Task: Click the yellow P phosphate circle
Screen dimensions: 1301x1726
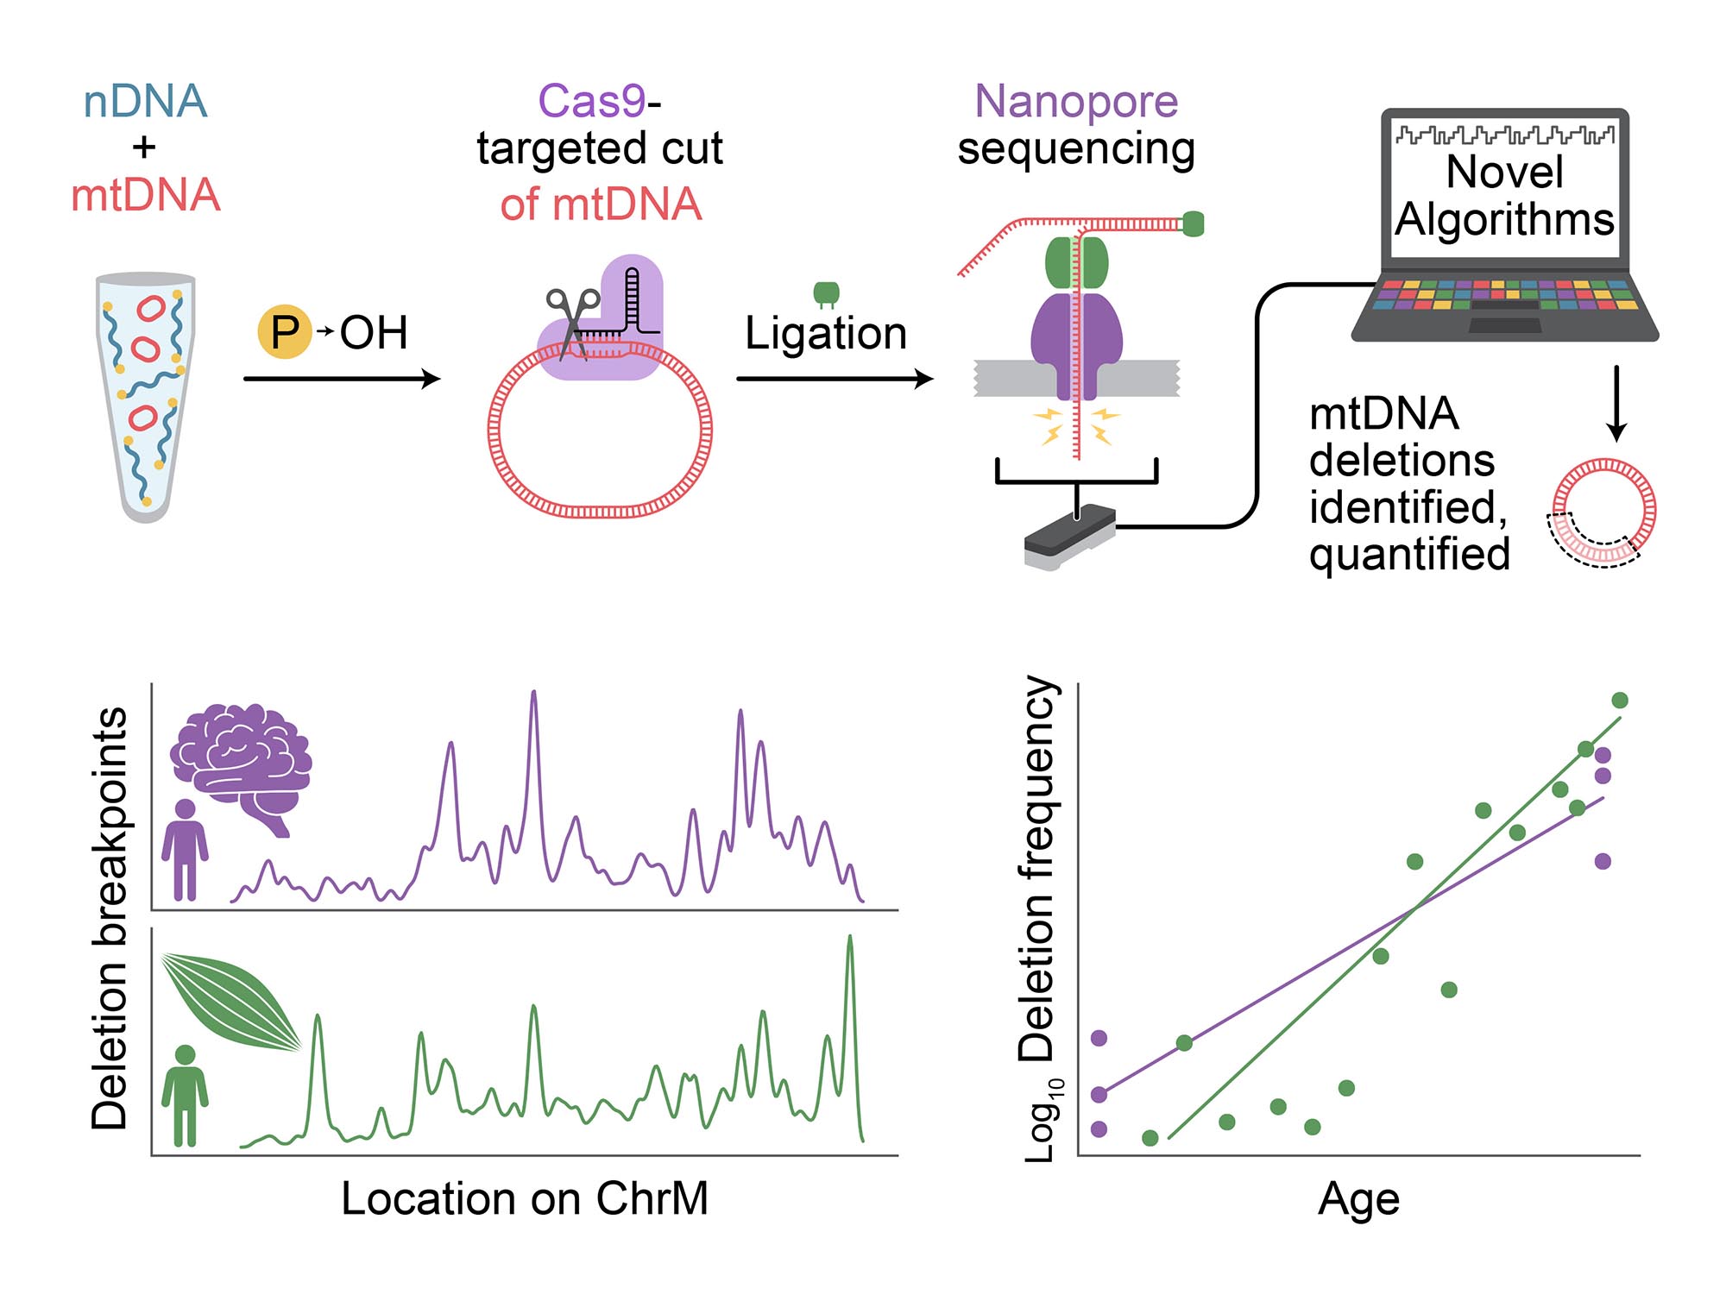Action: [284, 332]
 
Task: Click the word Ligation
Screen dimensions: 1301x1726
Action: [826, 334]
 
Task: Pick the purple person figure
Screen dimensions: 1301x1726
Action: [186, 851]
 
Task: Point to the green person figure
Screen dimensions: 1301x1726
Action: [186, 1096]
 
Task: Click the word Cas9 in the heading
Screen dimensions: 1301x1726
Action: [592, 101]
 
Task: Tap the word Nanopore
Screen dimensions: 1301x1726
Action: [1076, 101]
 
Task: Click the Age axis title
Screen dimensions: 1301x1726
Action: [1358, 1198]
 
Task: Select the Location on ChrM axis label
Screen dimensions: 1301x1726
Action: [525, 1198]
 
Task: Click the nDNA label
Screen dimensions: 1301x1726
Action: [145, 101]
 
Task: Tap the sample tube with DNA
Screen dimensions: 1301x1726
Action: [146, 397]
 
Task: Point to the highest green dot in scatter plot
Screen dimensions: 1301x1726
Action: [1620, 700]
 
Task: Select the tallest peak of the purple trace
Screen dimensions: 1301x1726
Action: [533, 693]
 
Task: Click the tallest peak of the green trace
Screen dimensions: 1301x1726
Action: [850, 938]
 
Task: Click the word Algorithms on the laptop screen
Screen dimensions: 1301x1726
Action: [1504, 219]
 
